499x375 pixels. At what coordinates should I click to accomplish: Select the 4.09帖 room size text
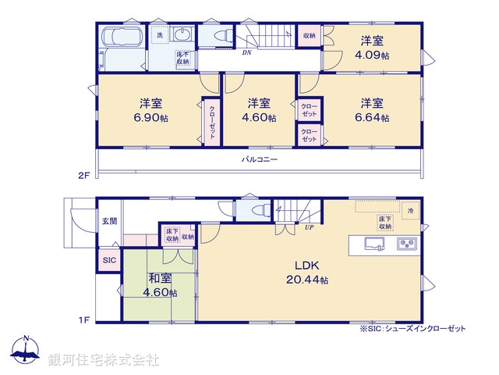(x=372, y=49)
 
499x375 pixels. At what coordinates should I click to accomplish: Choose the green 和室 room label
(x=160, y=287)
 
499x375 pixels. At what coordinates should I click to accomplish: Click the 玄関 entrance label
(x=108, y=222)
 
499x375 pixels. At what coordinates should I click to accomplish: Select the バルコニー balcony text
(x=260, y=159)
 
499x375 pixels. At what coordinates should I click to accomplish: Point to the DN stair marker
(x=246, y=53)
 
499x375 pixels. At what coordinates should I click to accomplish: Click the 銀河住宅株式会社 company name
(x=104, y=360)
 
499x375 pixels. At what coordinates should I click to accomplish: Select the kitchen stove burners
(x=407, y=245)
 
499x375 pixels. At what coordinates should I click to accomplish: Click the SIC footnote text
(x=412, y=329)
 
